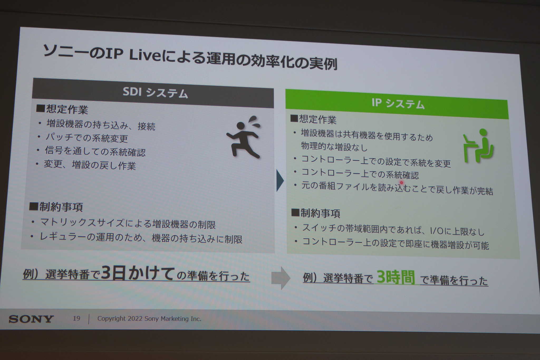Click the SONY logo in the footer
(x=31, y=319)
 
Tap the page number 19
(x=76, y=318)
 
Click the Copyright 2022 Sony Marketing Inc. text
(x=149, y=319)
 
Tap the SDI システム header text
(x=155, y=93)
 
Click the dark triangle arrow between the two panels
(x=280, y=181)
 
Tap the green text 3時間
(x=396, y=277)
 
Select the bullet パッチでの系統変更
(x=86, y=138)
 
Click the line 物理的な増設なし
(x=334, y=147)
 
